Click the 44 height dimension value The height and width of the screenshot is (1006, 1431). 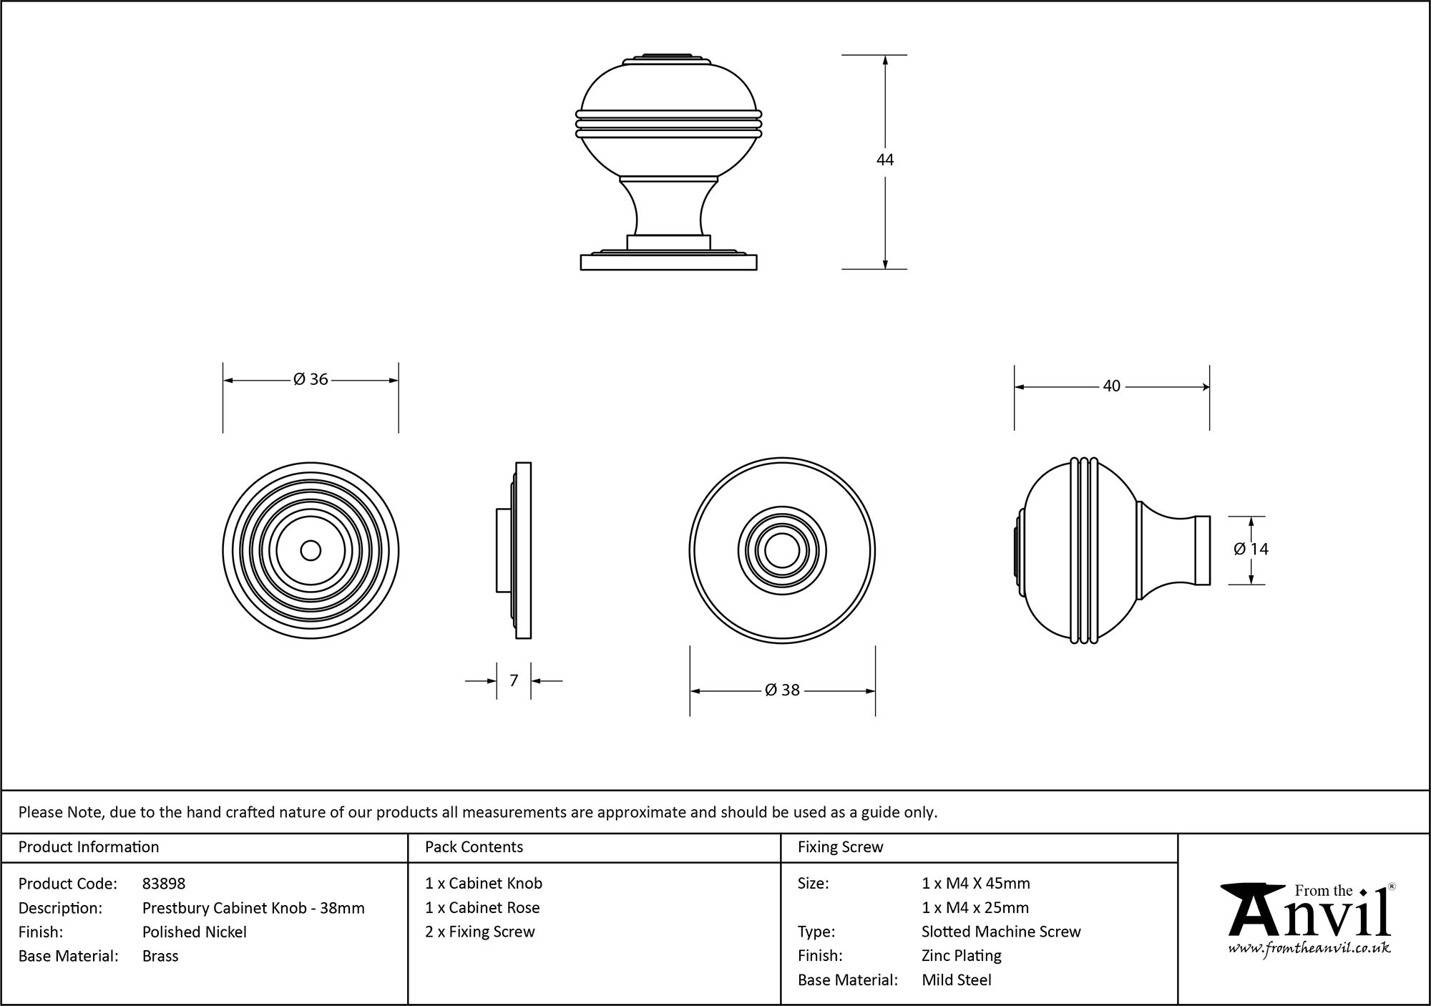coord(885,160)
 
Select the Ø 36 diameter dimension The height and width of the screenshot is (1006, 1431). coord(311,380)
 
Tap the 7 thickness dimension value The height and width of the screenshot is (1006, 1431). coord(514,681)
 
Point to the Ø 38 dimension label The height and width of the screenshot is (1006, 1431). coord(782,690)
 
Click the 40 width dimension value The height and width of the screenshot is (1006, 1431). coord(1111,386)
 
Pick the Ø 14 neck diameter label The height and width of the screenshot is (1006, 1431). coord(1251,549)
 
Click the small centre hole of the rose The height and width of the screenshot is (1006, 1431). coord(311,551)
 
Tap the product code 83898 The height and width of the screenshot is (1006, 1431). coord(164,884)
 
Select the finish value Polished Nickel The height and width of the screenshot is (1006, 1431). coord(195,932)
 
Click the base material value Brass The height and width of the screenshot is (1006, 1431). coord(160,956)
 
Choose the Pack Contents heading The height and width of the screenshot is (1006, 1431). coord(474,847)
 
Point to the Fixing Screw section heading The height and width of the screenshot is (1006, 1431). coord(840,847)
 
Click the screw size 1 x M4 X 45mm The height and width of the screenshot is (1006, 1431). coord(976,884)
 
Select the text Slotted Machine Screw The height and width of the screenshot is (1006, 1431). coord(1001,932)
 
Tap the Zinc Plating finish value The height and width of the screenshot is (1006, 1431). coord(962,956)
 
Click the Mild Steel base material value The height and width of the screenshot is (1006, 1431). coord(957,980)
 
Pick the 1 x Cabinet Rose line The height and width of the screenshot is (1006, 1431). coord(482,908)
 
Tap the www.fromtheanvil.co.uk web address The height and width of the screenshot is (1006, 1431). coord(1309,949)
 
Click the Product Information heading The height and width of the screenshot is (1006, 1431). coord(89,847)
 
